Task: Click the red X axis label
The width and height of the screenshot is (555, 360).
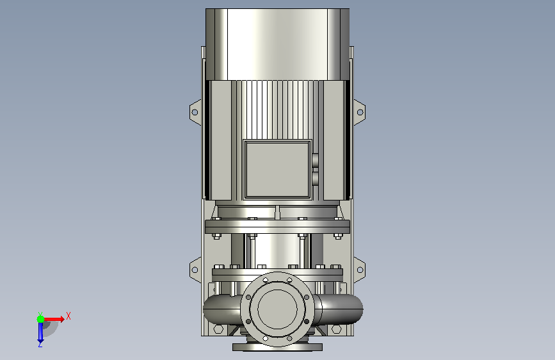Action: point(68,316)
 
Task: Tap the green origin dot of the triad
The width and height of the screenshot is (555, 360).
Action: point(40,319)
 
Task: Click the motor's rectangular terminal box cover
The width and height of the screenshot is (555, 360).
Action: point(277,169)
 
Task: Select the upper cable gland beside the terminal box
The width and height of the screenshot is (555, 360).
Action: point(315,159)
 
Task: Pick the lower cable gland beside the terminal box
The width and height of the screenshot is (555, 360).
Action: point(315,178)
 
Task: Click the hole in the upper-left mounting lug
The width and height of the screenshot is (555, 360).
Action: point(195,112)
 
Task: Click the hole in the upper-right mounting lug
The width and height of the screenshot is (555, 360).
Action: point(360,112)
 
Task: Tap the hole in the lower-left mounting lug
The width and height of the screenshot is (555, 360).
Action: point(195,270)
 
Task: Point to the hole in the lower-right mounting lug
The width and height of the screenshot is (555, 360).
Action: point(360,270)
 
